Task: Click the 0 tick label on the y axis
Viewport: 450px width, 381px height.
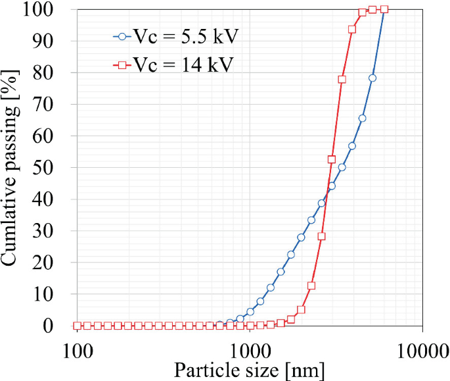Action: (x=60, y=326)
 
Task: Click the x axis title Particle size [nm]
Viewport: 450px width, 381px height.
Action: (x=249, y=370)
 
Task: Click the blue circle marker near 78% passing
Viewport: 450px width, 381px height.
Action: (x=372, y=78)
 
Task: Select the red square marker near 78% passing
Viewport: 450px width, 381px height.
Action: (x=342, y=79)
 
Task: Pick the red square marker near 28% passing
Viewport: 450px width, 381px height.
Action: (x=321, y=236)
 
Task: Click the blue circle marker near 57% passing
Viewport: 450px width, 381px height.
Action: (x=352, y=145)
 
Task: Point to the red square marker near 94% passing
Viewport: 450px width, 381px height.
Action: (x=352, y=29)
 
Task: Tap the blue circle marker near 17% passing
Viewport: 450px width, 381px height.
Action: (x=281, y=271)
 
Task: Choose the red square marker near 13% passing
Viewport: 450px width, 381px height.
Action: (x=311, y=286)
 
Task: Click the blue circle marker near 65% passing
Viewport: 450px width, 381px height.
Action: (x=362, y=118)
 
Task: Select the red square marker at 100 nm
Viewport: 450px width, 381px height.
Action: (x=78, y=326)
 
